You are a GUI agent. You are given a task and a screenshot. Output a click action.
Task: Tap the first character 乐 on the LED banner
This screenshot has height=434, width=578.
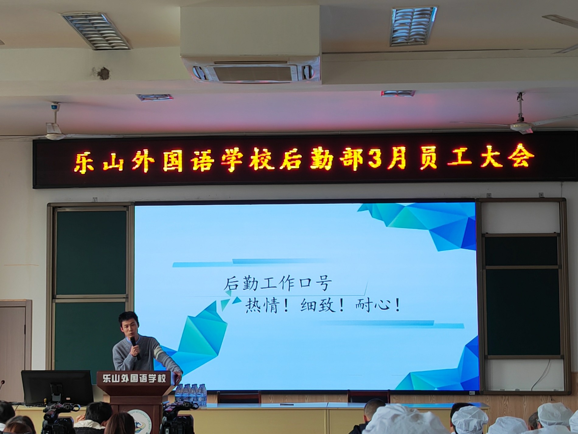click(x=84, y=163)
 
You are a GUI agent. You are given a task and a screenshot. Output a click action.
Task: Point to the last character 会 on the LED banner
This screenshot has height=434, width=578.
click(x=523, y=156)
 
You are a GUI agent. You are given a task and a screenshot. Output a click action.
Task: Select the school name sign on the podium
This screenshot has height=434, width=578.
click(x=134, y=379)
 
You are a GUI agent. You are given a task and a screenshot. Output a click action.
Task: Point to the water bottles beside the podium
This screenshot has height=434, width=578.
click(x=191, y=393)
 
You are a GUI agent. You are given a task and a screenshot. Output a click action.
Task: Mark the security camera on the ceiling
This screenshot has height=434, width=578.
click(x=55, y=107)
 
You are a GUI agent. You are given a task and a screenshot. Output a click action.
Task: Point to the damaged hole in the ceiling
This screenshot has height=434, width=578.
click(x=103, y=73)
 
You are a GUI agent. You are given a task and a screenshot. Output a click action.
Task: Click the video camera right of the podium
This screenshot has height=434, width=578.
click(x=178, y=417)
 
